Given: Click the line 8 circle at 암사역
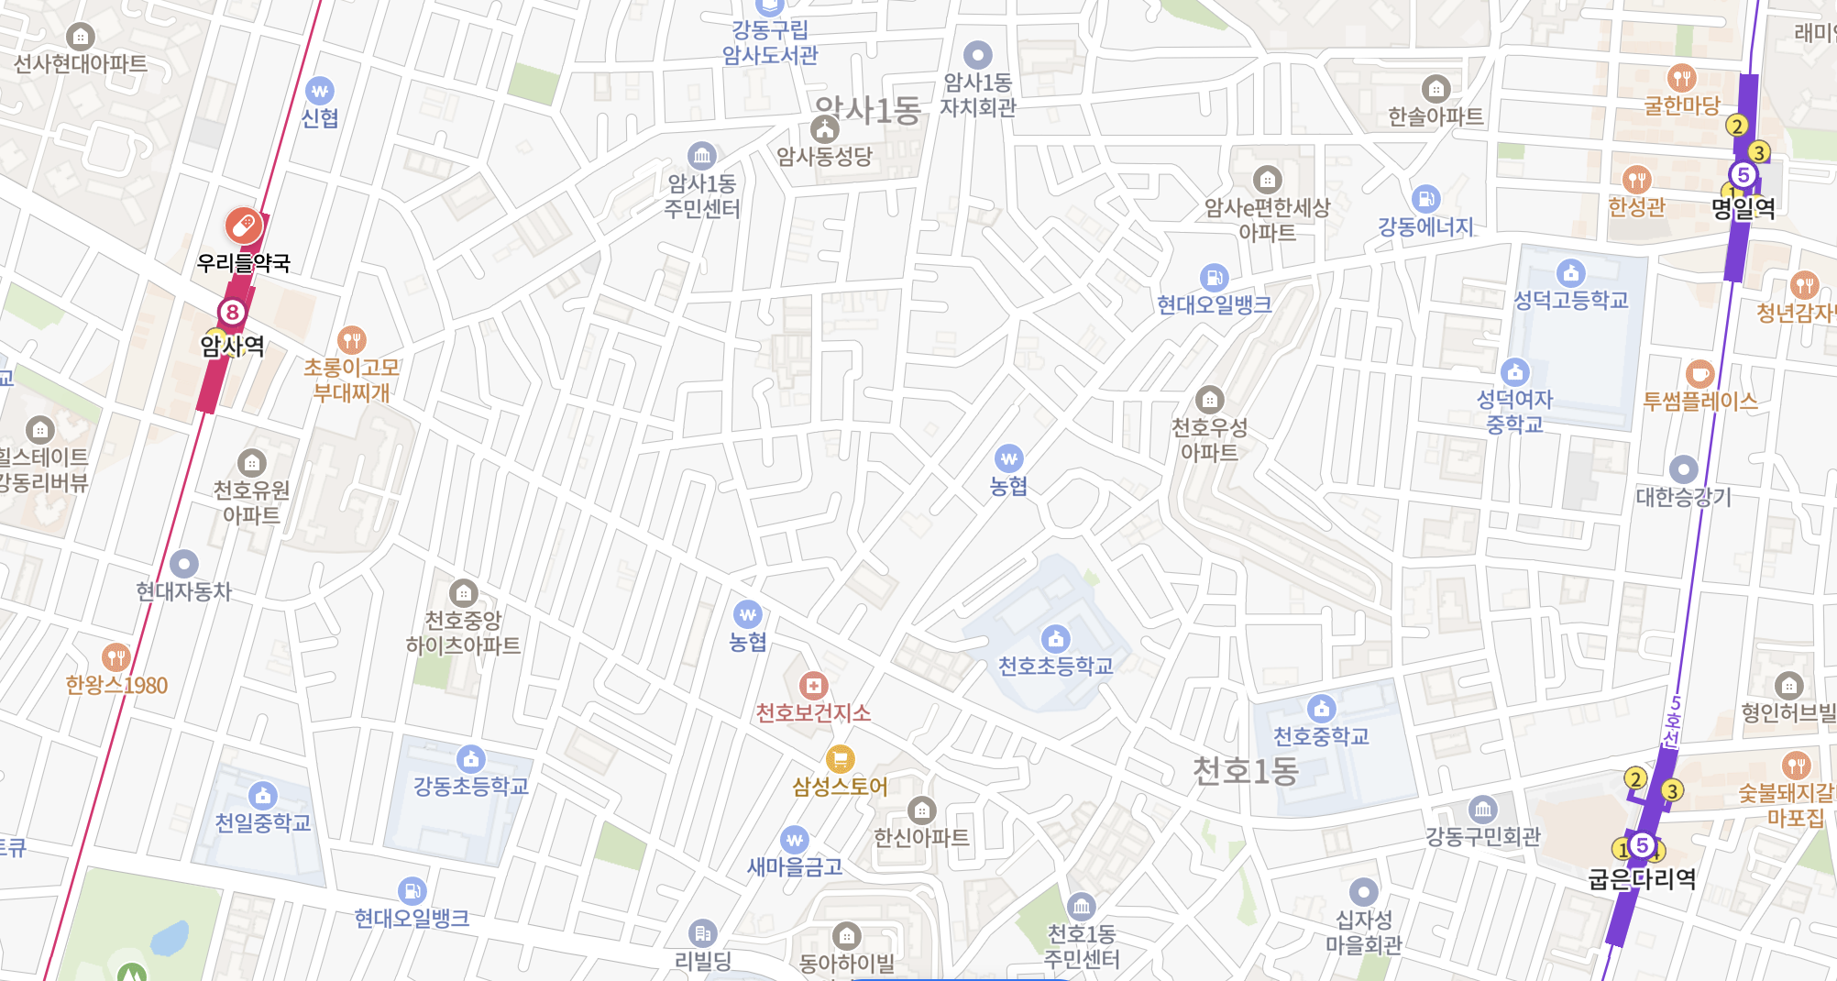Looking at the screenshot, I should [x=233, y=312].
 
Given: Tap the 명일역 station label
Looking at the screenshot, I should [x=1743, y=208].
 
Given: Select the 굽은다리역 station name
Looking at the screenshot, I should [x=1642, y=879].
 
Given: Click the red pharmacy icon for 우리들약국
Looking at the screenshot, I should [x=243, y=226].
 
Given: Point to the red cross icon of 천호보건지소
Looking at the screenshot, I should [x=813, y=685].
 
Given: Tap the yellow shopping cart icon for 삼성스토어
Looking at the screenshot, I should [x=840, y=759].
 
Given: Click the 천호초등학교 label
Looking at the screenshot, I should [x=1055, y=666].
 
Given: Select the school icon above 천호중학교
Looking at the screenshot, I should [x=1321, y=709].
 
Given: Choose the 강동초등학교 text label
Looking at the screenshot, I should [x=470, y=786].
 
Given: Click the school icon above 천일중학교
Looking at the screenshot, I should [x=263, y=796].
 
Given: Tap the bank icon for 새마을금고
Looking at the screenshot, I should [x=794, y=840].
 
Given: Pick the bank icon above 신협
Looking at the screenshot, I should [x=319, y=91].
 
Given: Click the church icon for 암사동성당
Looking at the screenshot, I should [x=825, y=129].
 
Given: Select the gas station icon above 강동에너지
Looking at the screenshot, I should [x=1425, y=199].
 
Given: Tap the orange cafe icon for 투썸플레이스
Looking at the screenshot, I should [x=1699, y=374].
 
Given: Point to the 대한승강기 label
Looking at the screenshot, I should [x=1683, y=497].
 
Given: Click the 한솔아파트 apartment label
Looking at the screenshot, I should [x=1435, y=116].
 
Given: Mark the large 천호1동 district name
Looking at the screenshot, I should [x=1245, y=771].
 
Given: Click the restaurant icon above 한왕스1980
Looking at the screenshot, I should [x=115, y=657].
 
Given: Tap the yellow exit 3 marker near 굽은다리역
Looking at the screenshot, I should [x=1672, y=790].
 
